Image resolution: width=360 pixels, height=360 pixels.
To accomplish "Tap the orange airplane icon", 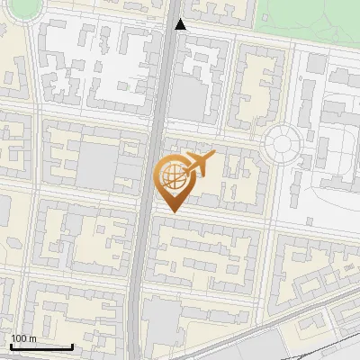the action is [198, 164].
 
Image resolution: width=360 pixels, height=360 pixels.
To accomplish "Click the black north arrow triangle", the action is [181, 24].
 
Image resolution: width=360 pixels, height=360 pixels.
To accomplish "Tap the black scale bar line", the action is [41, 347].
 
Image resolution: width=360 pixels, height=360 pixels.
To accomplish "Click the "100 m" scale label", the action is [24, 338].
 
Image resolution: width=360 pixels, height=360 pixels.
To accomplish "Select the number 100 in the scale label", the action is [20, 338].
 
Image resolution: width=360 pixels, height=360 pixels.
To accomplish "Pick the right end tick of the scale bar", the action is [72, 346].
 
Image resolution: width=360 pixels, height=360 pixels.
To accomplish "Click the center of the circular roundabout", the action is [283, 143].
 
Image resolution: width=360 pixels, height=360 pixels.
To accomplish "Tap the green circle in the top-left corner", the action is [20, 7].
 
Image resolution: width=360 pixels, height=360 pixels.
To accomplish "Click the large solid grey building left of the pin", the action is [100, 167].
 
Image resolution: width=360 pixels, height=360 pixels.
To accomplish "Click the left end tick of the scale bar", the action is [11, 346].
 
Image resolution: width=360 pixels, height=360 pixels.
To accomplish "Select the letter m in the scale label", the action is [33, 338].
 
